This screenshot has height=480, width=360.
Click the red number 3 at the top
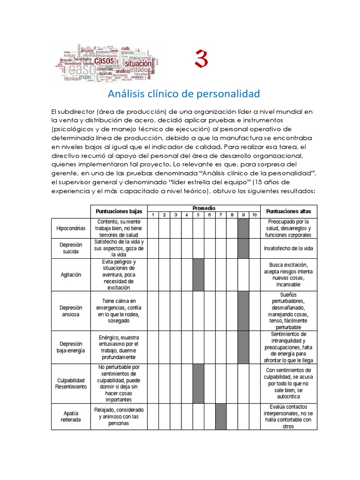coord(201,60)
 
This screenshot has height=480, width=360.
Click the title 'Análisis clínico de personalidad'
coord(184,94)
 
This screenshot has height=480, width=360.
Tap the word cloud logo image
coord(107,61)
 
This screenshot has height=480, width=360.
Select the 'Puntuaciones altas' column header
coord(289,211)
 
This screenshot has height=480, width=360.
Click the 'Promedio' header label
coord(204,208)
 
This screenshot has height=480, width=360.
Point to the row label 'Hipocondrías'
coord(71,228)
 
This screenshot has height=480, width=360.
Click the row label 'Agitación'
coord(71,275)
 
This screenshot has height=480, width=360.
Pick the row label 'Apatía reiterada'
coord(71,416)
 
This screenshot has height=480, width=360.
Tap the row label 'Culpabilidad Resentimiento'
coord(71,383)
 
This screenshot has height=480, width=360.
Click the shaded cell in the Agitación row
coord(198,275)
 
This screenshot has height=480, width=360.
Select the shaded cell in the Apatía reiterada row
coord(221,416)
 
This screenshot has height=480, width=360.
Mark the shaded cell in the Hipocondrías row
coord(243,228)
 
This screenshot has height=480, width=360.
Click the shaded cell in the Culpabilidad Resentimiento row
coord(198,383)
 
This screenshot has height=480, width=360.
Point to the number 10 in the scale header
coord(255,215)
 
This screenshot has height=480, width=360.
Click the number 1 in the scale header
coord(153,215)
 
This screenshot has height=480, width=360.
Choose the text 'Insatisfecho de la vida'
coord(289,248)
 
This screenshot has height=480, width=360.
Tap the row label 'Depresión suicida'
coord(71,248)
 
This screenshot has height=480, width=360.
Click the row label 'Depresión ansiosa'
coord(71,311)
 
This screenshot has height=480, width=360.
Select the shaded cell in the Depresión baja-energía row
coord(243,347)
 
